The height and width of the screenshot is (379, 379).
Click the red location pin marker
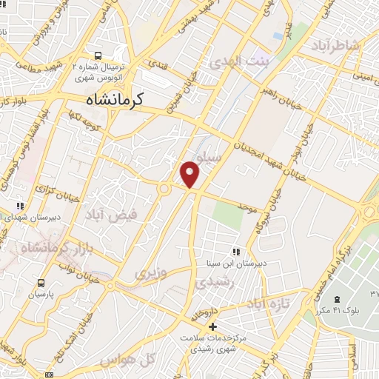tap(190, 174)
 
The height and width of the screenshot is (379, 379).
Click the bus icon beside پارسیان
tap(41, 283)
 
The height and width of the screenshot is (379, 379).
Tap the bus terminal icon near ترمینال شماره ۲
tap(98, 56)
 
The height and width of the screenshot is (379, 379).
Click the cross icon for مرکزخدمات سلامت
tap(212, 326)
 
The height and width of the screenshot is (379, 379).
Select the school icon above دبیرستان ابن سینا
tap(236, 251)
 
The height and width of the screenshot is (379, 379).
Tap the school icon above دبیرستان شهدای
tap(21, 206)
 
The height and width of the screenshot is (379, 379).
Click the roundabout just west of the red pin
tap(164, 189)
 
